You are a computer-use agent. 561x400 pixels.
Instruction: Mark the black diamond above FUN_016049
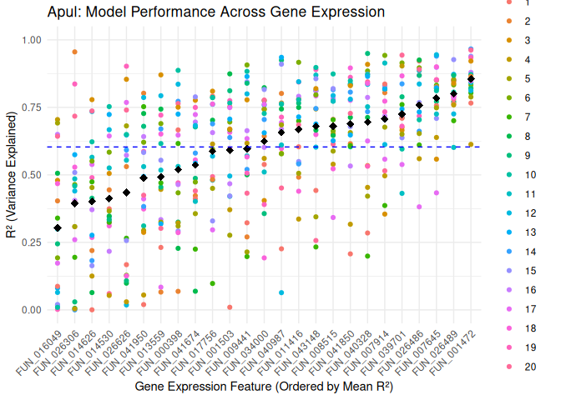58,228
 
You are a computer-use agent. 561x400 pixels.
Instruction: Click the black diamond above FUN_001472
471,79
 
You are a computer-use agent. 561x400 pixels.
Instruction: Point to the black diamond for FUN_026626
126,192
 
